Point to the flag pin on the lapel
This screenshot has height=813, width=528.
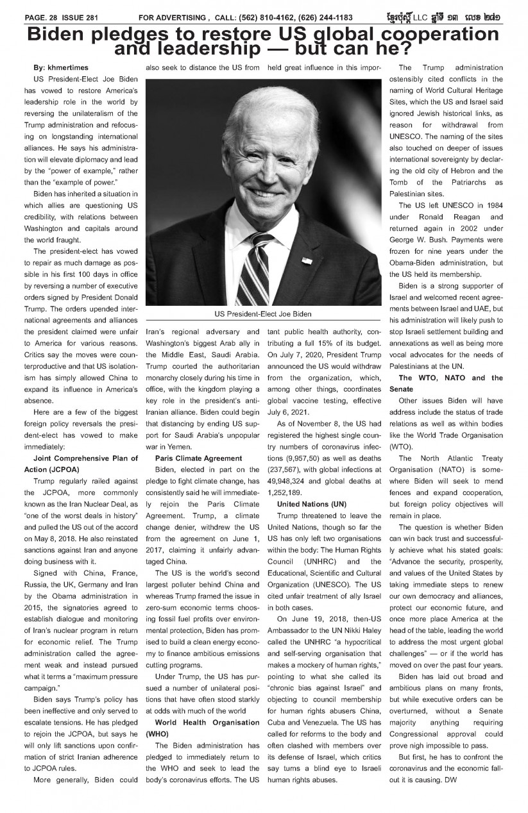pos(305,260)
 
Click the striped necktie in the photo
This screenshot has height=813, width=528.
pos(264,269)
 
